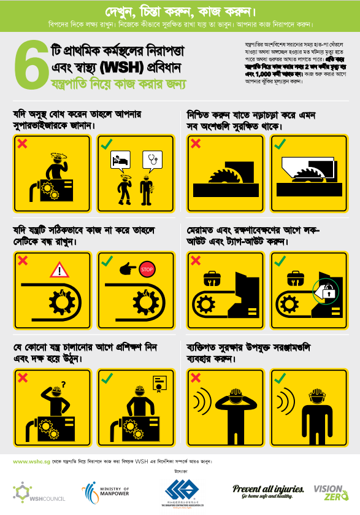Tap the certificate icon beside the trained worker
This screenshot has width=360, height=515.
pos(161,382)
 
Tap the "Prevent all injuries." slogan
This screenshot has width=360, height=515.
pos(268,489)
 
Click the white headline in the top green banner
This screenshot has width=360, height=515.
pos(180,12)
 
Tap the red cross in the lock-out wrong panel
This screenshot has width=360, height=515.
pos(196,260)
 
